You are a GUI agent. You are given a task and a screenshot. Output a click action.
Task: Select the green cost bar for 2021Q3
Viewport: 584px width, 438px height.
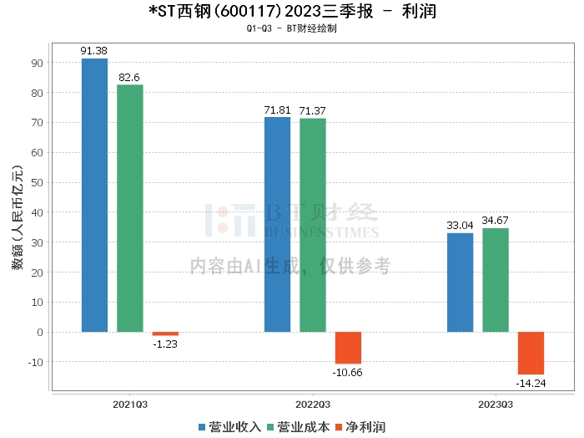tap(130, 208)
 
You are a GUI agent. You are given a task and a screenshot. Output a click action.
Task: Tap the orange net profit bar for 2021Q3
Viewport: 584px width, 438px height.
tap(165, 334)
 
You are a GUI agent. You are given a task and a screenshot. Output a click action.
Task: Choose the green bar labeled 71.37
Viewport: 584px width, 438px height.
tap(313, 225)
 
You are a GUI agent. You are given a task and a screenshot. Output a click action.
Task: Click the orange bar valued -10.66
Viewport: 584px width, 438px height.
tap(348, 348)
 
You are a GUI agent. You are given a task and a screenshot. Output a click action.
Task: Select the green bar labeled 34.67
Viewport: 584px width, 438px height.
tap(495, 280)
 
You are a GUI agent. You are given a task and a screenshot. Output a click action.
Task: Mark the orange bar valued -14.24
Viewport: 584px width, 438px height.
tap(531, 353)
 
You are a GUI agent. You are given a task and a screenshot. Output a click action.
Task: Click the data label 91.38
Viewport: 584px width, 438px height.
tap(94, 51)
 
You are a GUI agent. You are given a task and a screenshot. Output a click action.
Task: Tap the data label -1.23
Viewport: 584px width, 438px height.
tap(165, 344)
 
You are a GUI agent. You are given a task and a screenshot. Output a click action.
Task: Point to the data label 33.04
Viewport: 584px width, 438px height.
tap(460, 225)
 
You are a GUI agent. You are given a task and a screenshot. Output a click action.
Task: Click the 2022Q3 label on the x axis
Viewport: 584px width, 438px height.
tap(313, 404)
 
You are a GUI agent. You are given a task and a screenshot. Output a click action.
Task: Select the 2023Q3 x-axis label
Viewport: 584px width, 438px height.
tap(495, 404)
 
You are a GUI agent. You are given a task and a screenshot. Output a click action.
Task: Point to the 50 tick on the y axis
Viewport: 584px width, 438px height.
tap(38, 182)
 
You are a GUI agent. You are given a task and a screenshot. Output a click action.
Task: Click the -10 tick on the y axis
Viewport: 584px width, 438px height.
tap(35, 362)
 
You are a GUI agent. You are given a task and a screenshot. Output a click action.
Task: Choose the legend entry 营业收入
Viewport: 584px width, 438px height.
tap(229, 427)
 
